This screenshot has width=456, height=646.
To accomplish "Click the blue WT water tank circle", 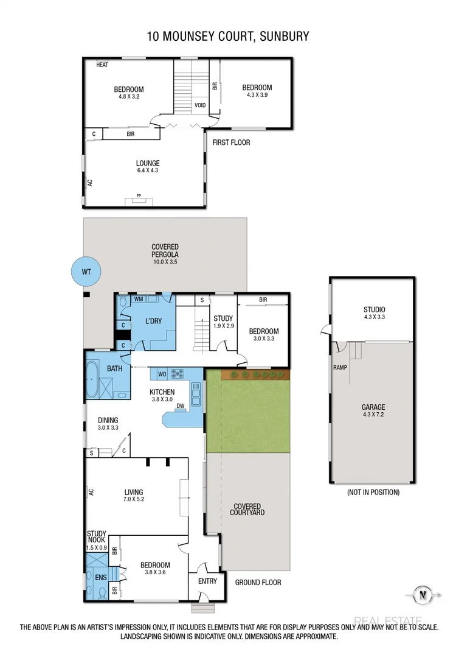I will [x=85, y=272].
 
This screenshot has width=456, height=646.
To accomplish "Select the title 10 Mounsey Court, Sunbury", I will [x=228, y=37].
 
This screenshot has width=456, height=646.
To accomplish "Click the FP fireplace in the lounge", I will [x=139, y=200].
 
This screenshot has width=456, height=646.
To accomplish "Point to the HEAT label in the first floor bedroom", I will [x=102, y=65].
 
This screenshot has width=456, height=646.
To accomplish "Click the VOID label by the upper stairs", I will [x=199, y=105].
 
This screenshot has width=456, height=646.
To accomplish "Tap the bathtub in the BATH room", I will [x=92, y=379].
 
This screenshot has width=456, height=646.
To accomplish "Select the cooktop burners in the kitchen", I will [x=178, y=374].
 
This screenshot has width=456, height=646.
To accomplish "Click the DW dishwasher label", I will [x=180, y=406].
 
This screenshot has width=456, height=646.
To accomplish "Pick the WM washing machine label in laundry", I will [x=139, y=299].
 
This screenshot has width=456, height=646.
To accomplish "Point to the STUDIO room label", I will [x=374, y=309].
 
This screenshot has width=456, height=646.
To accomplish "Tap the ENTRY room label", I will [x=207, y=581].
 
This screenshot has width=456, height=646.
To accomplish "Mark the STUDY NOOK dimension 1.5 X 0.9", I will [x=97, y=547].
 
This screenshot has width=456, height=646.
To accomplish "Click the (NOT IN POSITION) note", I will [x=373, y=492].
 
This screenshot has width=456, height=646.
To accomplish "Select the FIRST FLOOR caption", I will [x=231, y=142].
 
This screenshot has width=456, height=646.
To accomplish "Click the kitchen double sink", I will [x=196, y=395].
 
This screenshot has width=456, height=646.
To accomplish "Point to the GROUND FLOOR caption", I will [x=258, y=582].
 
